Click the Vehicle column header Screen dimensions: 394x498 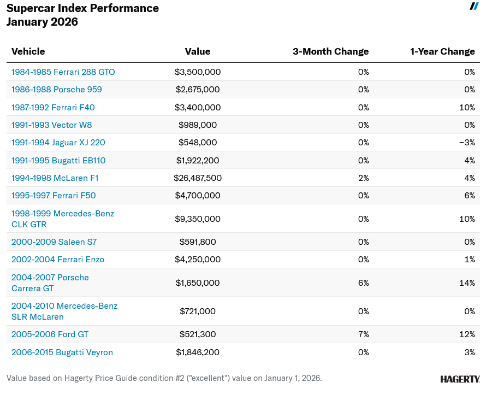click(x=28, y=51)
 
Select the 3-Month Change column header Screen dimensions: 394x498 click(x=330, y=51)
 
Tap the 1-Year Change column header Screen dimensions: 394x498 click(x=442, y=51)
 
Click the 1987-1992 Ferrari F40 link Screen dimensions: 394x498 click(x=53, y=108)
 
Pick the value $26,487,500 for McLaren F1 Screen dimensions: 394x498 click(x=198, y=178)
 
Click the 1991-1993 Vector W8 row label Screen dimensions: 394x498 click(x=51, y=125)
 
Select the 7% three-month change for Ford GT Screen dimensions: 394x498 click(x=364, y=334)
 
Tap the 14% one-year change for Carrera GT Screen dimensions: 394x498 click(x=467, y=283)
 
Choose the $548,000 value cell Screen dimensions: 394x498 click(x=198, y=143)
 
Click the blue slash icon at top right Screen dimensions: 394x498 click(x=474, y=6)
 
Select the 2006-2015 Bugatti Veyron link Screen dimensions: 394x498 click(x=62, y=352)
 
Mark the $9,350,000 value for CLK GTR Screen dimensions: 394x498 click(x=198, y=219)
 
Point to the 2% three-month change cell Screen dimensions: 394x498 click(x=364, y=178)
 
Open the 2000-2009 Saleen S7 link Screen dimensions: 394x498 click(x=54, y=242)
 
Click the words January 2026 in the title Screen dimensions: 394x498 click(x=43, y=22)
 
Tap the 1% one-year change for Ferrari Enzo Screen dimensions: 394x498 click(x=469, y=260)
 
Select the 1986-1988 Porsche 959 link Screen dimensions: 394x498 click(x=56, y=90)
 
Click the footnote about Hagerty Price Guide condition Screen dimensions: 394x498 click(x=164, y=378)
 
